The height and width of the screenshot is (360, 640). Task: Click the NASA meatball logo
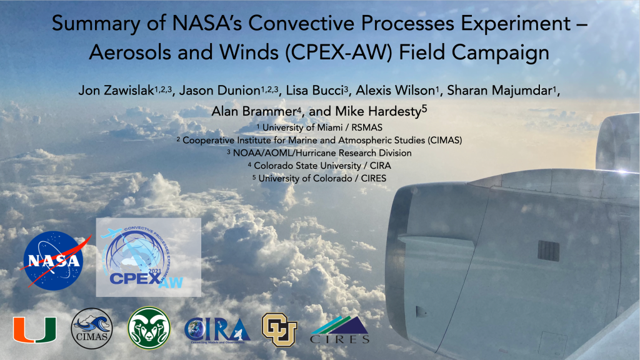pos(54,261)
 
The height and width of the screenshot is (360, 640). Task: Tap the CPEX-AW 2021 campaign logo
pos(149,257)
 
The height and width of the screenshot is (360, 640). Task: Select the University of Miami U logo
pos(35,329)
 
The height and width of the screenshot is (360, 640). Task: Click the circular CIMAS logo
pos(92,329)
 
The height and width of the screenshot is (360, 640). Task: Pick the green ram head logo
pos(149,328)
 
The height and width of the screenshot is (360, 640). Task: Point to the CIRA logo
pos(217,330)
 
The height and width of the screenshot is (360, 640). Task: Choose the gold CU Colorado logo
pos(279,329)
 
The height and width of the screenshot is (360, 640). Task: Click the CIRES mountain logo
pos(339,330)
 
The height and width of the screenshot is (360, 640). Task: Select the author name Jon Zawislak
pos(116,90)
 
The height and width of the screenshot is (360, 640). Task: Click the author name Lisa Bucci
pos(314,90)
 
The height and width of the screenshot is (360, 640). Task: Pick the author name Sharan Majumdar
pos(499,90)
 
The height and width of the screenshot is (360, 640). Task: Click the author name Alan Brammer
pos(254,111)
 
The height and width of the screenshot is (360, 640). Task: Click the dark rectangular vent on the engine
pos(548,251)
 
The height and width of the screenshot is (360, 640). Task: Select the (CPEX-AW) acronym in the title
pos(338,53)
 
